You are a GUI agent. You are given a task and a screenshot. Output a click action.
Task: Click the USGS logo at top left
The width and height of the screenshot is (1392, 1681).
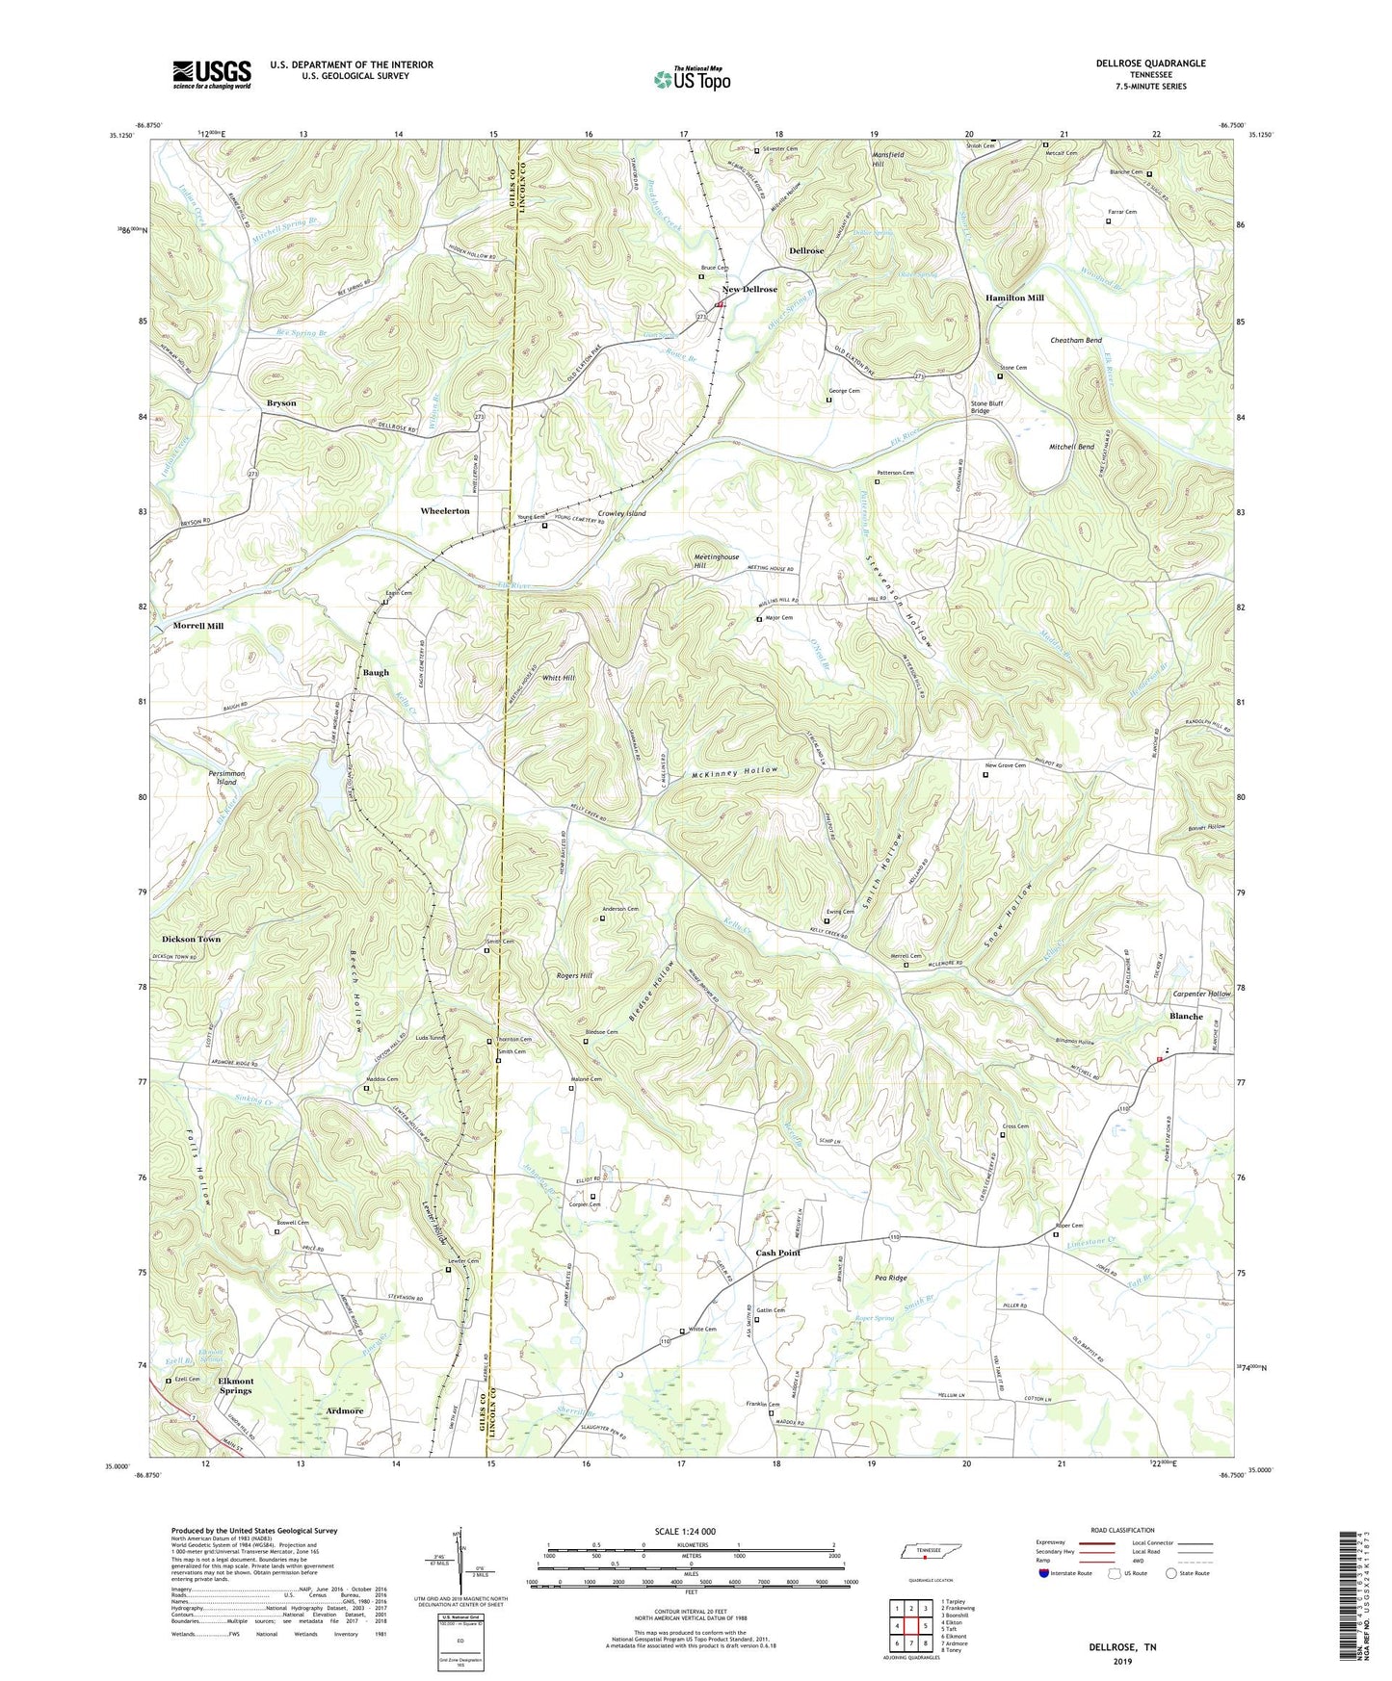click(212, 74)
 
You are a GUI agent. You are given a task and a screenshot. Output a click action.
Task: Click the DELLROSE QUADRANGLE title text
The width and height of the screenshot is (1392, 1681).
click(1150, 64)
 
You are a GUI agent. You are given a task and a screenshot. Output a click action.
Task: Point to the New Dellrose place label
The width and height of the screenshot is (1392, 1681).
click(749, 290)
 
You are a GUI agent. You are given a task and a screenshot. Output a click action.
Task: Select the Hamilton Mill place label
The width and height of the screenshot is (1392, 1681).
click(1014, 298)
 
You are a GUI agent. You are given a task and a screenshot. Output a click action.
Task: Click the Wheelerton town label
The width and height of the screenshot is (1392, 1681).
click(445, 511)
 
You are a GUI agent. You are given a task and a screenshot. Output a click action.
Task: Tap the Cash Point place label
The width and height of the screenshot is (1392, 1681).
click(778, 1253)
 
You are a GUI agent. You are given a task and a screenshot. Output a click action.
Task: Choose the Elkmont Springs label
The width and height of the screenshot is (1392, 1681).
click(235, 1385)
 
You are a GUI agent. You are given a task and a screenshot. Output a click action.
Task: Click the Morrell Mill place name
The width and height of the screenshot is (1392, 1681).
click(198, 626)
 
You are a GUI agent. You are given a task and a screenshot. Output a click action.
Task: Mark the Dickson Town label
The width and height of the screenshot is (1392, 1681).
click(192, 939)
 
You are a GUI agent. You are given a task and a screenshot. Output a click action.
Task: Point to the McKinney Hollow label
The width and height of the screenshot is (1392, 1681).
click(733, 772)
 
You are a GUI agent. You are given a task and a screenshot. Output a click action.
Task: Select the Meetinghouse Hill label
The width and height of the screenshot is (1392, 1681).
click(716, 561)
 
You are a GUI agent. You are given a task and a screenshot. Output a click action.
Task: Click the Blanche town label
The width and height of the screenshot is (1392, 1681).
click(1186, 1017)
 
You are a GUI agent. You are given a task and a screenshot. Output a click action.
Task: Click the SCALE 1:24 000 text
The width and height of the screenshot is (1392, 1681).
click(691, 1531)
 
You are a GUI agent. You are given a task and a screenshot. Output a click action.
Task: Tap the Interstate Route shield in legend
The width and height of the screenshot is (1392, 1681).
click(1045, 1573)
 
